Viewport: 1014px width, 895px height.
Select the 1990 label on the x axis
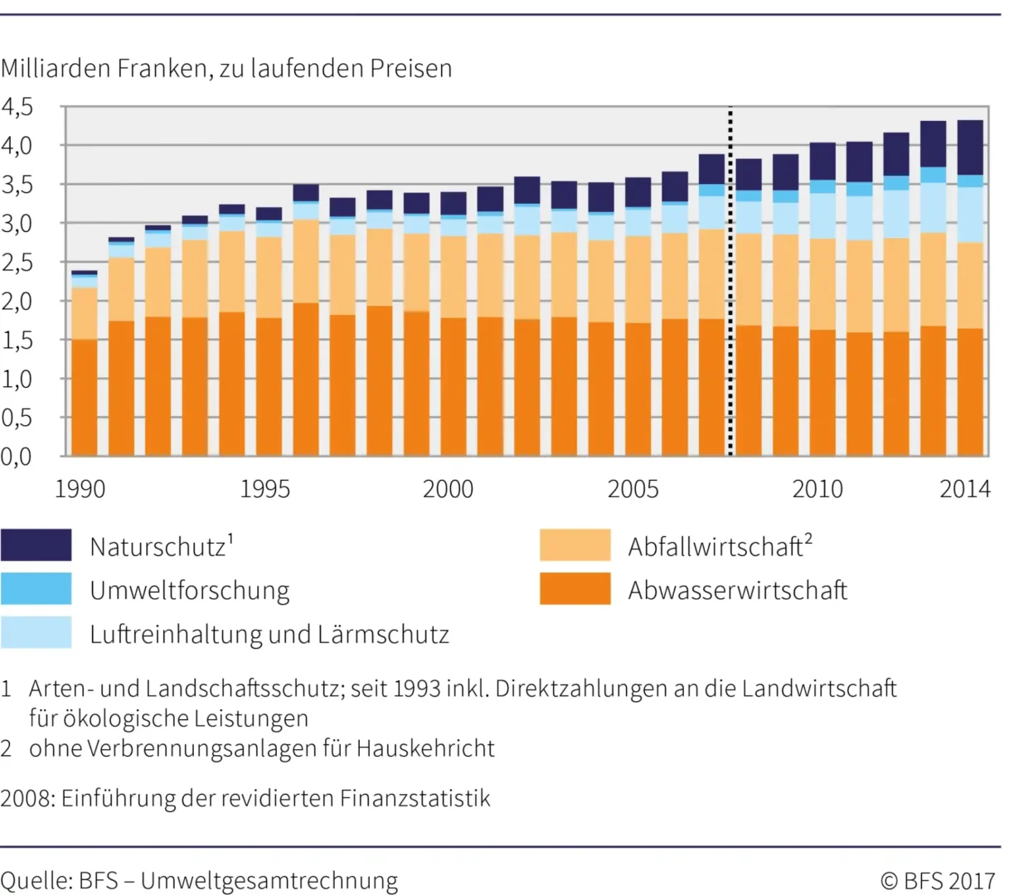(x=80, y=489)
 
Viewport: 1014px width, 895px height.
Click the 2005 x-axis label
(x=633, y=489)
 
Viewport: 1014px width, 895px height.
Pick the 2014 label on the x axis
(x=964, y=489)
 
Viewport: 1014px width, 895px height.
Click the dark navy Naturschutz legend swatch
(x=36, y=545)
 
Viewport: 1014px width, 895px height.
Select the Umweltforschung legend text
(x=190, y=591)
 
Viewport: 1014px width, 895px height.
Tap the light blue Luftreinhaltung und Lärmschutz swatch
(x=36, y=633)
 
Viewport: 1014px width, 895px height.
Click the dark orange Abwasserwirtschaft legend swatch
(x=575, y=589)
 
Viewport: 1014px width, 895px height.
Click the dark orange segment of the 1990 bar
(x=84, y=398)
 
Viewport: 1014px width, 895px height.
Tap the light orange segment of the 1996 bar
(x=306, y=261)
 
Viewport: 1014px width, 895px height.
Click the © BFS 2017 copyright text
(x=938, y=880)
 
